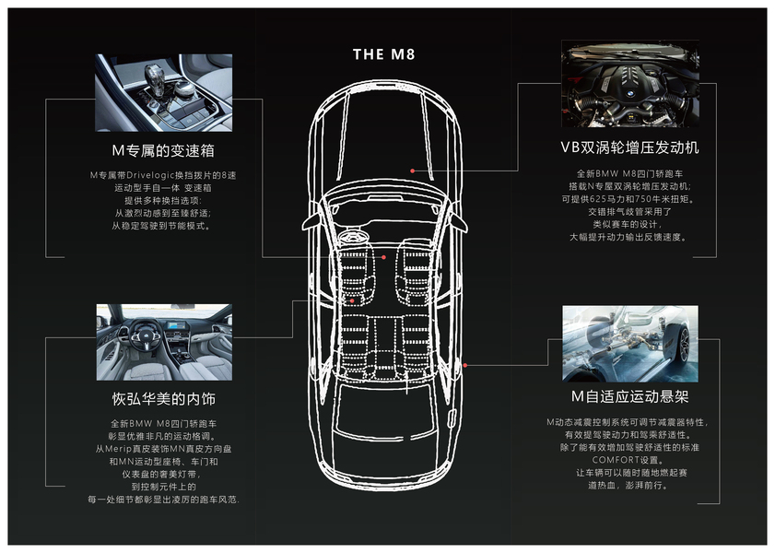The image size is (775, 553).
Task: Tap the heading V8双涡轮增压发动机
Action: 629,147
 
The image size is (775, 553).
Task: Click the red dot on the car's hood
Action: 414,171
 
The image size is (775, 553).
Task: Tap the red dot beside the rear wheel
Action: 465,365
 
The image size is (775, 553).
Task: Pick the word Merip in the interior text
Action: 124,448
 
